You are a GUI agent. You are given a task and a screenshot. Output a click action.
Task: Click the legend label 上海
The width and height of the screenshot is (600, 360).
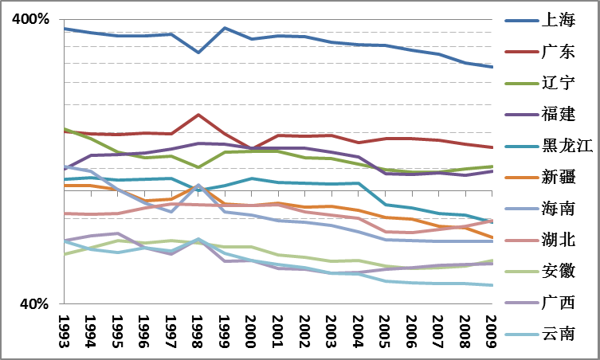pyautogui.click(x=557, y=21)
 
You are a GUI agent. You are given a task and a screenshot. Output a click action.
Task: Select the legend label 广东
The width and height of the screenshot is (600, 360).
pyautogui.click(x=557, y=52)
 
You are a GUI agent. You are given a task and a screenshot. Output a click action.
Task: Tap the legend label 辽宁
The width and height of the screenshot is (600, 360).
pyautogui.click(x=557, y=83)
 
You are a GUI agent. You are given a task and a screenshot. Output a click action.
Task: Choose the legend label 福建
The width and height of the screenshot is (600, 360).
pyautogui.click(x=557, y=114)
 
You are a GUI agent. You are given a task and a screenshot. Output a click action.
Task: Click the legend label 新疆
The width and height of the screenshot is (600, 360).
pyautogui.click(x=557, y=176)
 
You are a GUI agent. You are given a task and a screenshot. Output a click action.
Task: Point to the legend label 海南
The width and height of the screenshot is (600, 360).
pyautogui.click(x=557, y=208)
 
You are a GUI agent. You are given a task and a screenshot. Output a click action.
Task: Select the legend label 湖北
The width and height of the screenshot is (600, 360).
pyautogui.click(x=557, y=239)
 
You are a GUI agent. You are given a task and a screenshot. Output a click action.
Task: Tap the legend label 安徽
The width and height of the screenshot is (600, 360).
pyautogui.click(x=557, y=270)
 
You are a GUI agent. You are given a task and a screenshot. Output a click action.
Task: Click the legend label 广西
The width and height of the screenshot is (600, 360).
pyautogui.click(x=557, y=302)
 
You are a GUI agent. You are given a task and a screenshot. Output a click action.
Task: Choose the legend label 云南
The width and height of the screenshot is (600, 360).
pyautogui.click(x=557, y=333)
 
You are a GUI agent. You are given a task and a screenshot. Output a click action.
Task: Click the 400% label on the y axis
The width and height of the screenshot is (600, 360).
pyautogui.click(x=30, y=19)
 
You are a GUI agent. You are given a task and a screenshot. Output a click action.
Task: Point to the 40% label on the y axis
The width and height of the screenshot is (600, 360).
pyautogui.click(x=34, y=303)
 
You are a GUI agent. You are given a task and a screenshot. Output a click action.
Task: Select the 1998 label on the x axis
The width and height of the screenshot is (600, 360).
pyautogui.click(x=198, y=330)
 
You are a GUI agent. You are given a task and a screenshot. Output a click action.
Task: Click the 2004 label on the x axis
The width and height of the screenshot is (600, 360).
pyautogui.click(x=357, y=330)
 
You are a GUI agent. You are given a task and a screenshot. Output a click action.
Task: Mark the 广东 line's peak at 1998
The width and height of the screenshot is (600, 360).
pyautogui.click(x=198, y=115)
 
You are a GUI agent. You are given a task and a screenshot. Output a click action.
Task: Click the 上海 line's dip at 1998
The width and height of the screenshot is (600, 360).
pyautogui.click(x=198, y=53)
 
